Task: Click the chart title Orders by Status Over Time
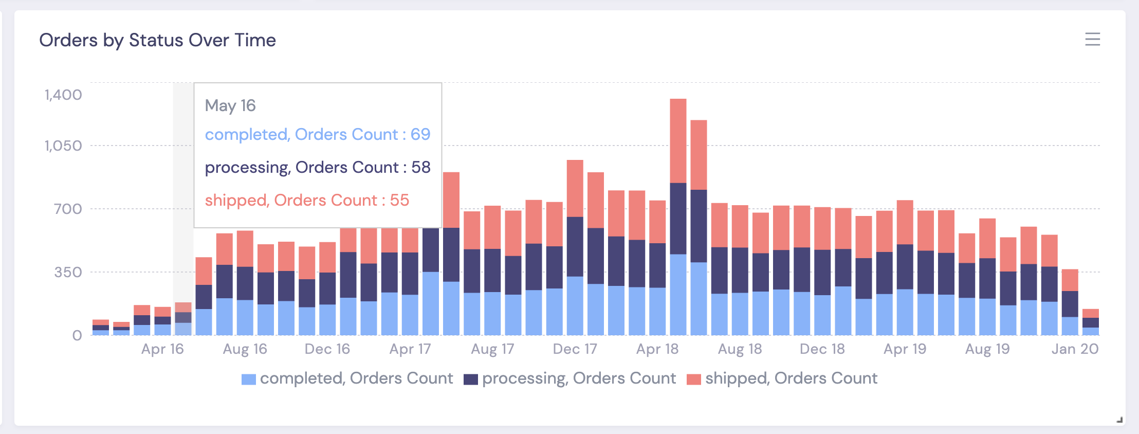click(157, 40)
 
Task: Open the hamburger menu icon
click(1092, 39)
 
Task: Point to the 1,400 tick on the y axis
click(63, 95)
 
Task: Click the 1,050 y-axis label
click(63, 146)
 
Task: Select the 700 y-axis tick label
click(68, 209)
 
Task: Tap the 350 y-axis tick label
click(68, 272)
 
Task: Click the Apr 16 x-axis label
click(162, 349)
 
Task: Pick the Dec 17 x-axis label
click(575, 349)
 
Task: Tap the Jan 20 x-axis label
click(1075, 349)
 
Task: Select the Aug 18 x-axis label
click(740, 349)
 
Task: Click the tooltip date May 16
click(230, 105)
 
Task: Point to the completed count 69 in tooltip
click(420, 134)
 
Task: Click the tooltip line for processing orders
click(317, 167)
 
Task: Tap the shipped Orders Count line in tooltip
click(307, 200)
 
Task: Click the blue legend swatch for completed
click(249, 379)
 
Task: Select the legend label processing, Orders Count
click(579, 378)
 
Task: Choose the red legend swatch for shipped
click(694, 379)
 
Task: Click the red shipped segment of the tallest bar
click(678, 140)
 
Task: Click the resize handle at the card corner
click(1119, 420)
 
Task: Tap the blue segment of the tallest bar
click(678, 294)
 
